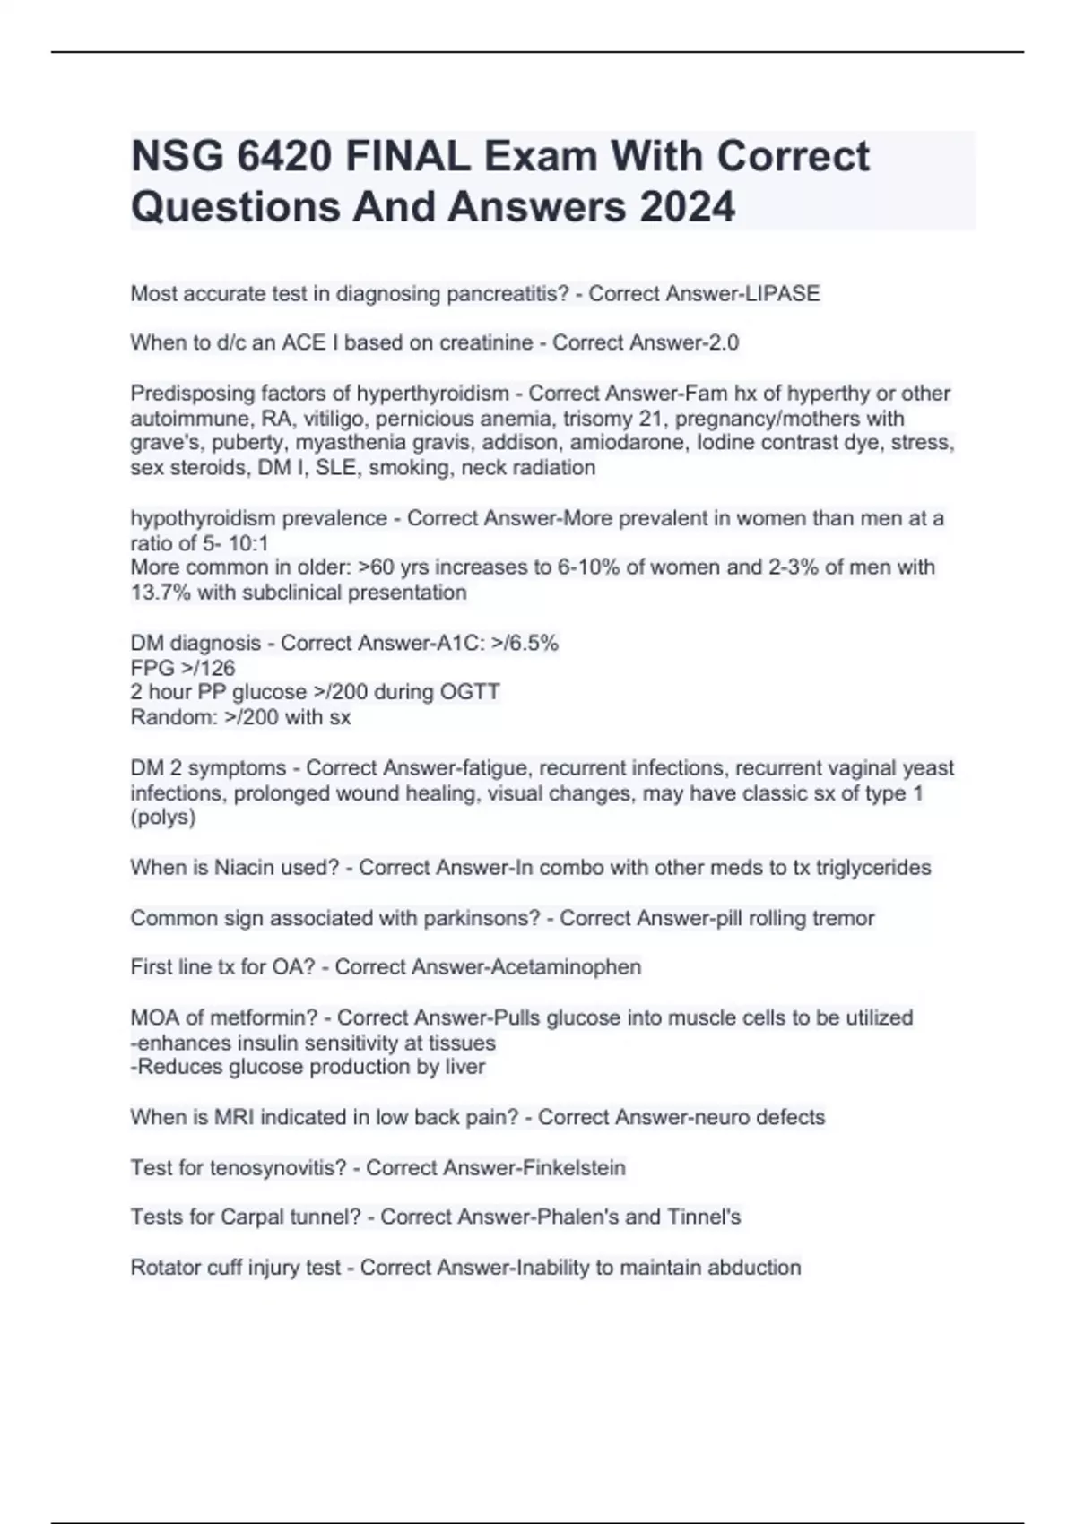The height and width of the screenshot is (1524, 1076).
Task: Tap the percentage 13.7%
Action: click(x=161, y=593)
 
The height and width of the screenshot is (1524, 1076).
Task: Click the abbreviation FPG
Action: click(x=152, y=668)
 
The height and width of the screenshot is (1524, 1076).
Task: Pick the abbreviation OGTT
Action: click(x=469, y=692)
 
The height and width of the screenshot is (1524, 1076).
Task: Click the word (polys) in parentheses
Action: click(x=163, y=818)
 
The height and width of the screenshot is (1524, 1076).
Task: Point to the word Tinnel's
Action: click(x=704, y=1217)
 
